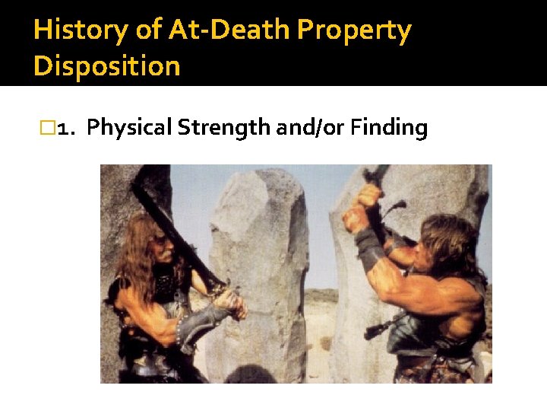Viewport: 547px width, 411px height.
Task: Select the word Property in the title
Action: point(354,30)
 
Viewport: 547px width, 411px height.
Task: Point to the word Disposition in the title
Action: point(107,66)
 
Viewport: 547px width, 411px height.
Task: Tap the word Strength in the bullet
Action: point(224,129)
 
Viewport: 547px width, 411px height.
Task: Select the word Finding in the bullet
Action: point(390,129)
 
